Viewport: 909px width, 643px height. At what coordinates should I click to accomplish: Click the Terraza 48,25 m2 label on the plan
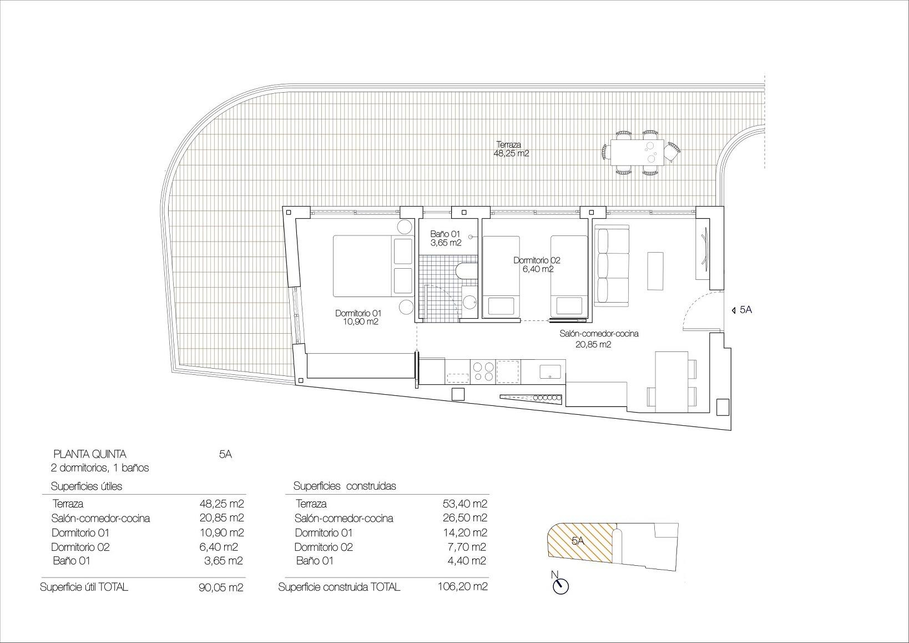(511, 149)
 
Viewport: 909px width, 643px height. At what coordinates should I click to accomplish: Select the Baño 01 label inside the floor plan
(445, 239)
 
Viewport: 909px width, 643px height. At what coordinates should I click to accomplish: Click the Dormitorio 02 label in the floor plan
(536, 264)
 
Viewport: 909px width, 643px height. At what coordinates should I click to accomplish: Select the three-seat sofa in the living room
(611, 265)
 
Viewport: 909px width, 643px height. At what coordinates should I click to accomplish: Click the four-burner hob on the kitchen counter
(482, 371)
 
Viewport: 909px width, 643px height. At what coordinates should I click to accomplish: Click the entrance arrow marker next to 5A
(734, 310)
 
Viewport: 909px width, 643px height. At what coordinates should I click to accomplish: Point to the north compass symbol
(561, 586)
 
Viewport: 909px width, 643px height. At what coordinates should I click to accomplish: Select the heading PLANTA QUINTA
(89, 454)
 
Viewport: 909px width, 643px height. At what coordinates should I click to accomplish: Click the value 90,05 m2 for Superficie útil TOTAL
(221, 587)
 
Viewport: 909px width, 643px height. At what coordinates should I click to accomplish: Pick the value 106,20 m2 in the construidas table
(462, 586)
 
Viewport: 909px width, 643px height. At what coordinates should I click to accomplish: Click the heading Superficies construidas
(345, 486)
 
